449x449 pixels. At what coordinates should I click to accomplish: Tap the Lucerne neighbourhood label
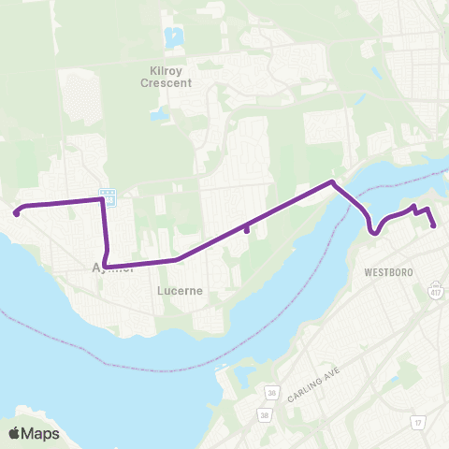tap(181, 291)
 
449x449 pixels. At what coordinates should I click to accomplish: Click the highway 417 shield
tap(437, 291)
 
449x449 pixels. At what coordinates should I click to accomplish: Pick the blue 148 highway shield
tap(110, 199)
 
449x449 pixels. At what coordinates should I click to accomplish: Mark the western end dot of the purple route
tap(17, 213)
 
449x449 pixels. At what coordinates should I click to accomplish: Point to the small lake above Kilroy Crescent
tap(172, 37)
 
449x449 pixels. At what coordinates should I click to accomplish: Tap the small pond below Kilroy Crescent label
tap(160, 115)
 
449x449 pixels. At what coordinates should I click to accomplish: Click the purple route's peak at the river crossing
tap(331, 182)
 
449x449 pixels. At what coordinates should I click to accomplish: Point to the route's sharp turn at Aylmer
tap(107, 267)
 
